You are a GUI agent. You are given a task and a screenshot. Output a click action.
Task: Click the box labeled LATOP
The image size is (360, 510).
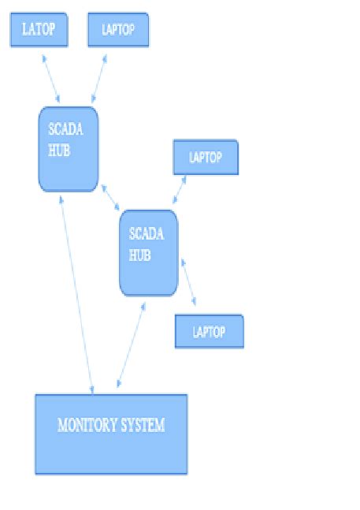(39, 29)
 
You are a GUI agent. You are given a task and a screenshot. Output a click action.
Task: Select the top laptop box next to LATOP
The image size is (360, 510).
(117, 30)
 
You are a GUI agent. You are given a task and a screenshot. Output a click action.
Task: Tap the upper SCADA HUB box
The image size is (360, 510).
(69, 148)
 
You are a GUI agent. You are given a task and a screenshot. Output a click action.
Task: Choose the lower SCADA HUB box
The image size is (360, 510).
(148, 252)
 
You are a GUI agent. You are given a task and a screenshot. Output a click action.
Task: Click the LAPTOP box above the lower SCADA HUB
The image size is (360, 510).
(205, 158)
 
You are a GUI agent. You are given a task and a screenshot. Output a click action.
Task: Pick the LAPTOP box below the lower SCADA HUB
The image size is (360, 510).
(209, 331)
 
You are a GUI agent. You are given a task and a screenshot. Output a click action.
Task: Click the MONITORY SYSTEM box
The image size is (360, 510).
(111, 434)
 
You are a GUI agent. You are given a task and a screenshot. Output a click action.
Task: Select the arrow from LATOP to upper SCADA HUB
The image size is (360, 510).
(52, 78)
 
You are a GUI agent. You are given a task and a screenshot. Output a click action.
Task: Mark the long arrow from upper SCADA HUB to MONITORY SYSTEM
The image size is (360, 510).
(77, 292)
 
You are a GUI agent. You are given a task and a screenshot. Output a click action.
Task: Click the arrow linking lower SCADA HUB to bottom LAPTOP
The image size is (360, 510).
(188, 281)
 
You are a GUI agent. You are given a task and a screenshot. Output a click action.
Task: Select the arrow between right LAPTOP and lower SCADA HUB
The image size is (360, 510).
(180, 189)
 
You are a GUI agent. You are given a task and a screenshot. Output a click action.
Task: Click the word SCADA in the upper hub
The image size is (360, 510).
(65, 130)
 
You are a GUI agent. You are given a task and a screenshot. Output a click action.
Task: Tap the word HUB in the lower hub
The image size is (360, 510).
(139, 256)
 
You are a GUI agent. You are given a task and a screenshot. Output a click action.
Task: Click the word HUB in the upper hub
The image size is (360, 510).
(59, 151)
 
